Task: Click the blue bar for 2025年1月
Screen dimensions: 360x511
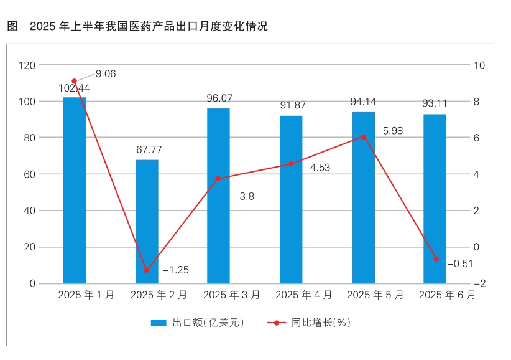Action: pos(75,190)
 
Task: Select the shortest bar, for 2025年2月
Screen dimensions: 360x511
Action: pos(147,222)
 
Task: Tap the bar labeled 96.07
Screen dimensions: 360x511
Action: pos(218,196)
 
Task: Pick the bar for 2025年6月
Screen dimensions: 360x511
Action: pos(435,199)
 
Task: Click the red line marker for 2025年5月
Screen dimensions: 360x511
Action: pos(364,136)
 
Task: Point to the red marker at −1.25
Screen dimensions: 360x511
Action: pos(147,270)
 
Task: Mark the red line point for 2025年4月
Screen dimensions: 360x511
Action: pos(291,164)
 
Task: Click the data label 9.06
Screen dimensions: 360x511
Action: pos(106,74)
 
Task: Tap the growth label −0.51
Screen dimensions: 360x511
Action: pos(460,264)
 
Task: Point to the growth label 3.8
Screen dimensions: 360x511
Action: pos(247,196)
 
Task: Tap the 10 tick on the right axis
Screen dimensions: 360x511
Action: pos(479,65)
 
